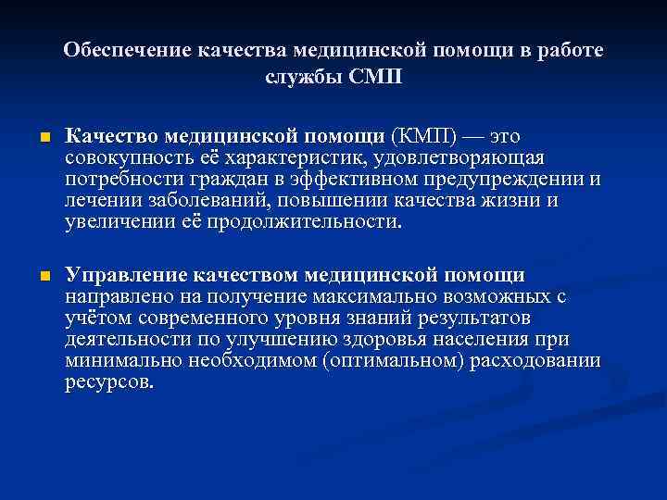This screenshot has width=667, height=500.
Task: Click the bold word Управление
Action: tap(127, 276)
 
